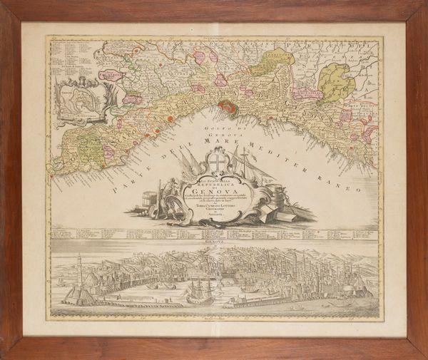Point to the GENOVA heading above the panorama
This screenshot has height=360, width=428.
coord(215,242)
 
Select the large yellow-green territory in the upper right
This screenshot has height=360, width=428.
coord(335,81)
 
